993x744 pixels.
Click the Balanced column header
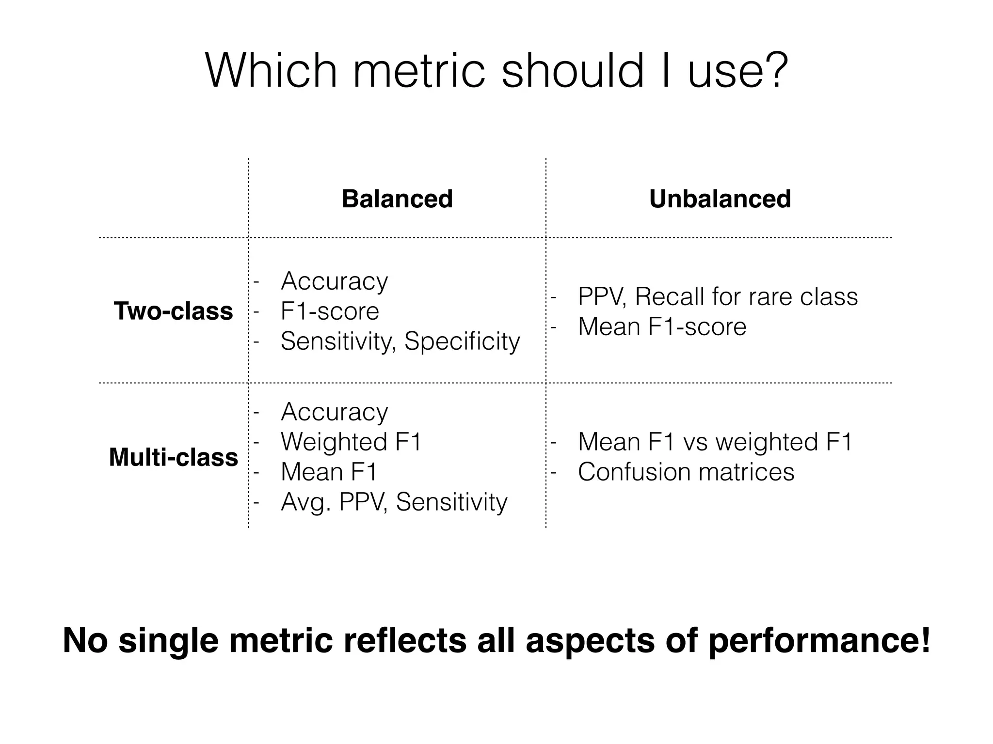point(397,199)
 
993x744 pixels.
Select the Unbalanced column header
point(720,199)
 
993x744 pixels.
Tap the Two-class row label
point(173,311)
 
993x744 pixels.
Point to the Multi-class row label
point(174,457)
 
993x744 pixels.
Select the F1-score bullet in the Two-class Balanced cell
point(330,311)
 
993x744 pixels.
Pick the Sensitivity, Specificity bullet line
point(400,341)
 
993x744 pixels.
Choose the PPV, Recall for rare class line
point(718,296)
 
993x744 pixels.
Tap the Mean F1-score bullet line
point(662,326)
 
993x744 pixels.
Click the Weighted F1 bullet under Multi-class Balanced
point(351,442)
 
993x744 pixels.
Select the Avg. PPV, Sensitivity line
point(394,502)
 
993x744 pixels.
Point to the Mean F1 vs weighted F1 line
point(715,442)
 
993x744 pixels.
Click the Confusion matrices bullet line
point(686,472)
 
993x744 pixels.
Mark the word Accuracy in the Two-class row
point(335,281)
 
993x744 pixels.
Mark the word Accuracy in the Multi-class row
point(335,412)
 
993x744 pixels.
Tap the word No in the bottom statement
point(85,640)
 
